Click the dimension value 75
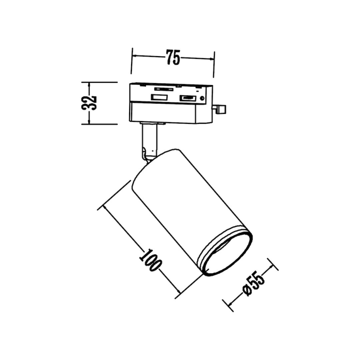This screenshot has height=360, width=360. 173,58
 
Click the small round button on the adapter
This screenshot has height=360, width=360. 202,98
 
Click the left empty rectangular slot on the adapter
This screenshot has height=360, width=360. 158,97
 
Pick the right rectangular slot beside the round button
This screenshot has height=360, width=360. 188,98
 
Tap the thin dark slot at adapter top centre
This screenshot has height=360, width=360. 164,88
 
